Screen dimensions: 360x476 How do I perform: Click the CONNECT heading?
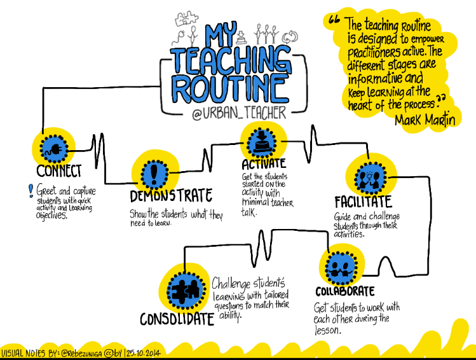pyautogui.click(x=58, y=171)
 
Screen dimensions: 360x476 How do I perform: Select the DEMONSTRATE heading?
pyautogui.click(x=171, y=195)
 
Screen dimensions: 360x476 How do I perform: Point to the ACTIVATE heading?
pyautogui.click(x=264, y=163)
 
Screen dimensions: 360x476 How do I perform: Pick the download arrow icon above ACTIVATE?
pyautogui.click(x=261, y=140)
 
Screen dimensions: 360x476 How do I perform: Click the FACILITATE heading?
pyautogui.click(x=363, y=202)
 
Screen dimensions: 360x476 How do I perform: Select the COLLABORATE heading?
pyautogui.click(x=345, y=291)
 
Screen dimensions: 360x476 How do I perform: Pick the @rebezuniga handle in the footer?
pyautogui.click(x=84, y=352)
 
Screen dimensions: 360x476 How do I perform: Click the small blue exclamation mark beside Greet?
pyautogui.click(x=31, y=189)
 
